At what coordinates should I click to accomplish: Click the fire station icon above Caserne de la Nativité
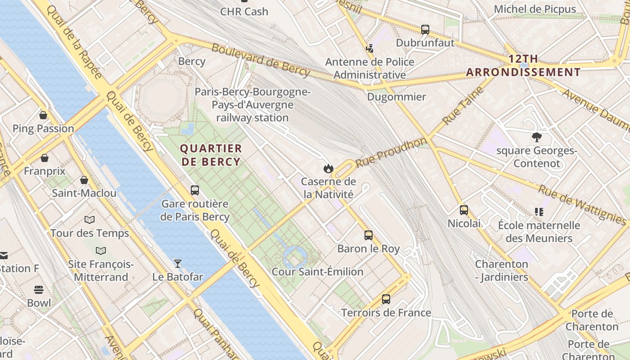click(x=328, y=169)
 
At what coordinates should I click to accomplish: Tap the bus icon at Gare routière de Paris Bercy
click(x=195, y=190)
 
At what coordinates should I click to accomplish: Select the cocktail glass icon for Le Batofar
click(x=178, y=263)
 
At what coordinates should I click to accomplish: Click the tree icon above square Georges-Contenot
click(x=536, y=137)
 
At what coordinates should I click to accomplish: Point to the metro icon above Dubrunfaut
click(x=425, y=30)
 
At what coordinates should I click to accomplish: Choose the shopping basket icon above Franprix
click(x=45, y=158)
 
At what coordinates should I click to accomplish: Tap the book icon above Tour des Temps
click(x=90, y=220)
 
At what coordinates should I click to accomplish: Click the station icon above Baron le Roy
click(x=369, y=235)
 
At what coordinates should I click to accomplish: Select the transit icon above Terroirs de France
click(x=386, y=299)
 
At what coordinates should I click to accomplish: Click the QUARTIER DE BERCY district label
click(x=211, y=155)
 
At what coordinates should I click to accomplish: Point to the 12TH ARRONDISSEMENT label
click(x=523, y=66)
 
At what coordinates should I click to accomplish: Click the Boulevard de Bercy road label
click(x=261, y=60)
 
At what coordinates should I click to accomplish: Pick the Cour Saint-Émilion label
click(x=317, y=272)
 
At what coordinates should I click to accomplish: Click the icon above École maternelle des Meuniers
click(x=539, y=211)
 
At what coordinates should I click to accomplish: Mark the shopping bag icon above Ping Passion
click(x=43, y=115)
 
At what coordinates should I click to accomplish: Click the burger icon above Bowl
click(x=39, y=289)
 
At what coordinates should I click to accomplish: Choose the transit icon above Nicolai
click(x=464, y=210)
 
